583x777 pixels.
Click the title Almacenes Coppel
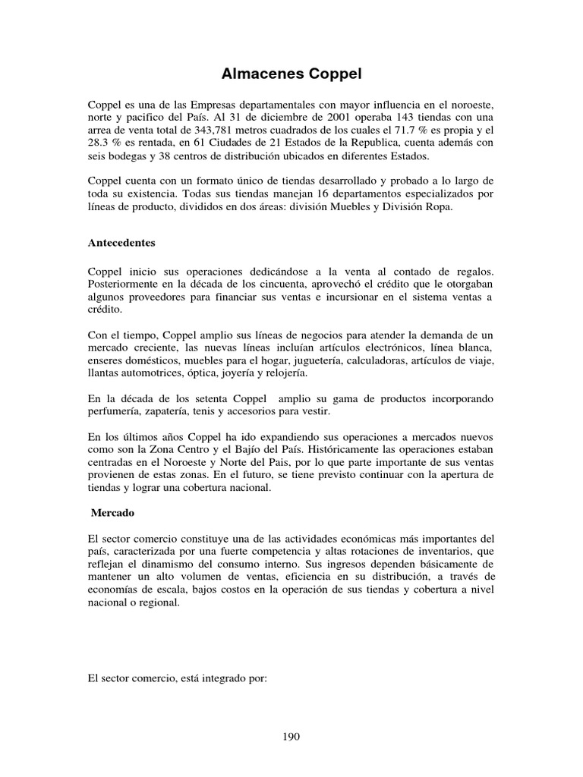click(291, 74)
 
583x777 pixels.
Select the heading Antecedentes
click(121, 244)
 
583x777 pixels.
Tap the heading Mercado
click(113, 513)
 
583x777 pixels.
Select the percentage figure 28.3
click(99, 143)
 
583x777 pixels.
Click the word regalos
click(471, 271)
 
